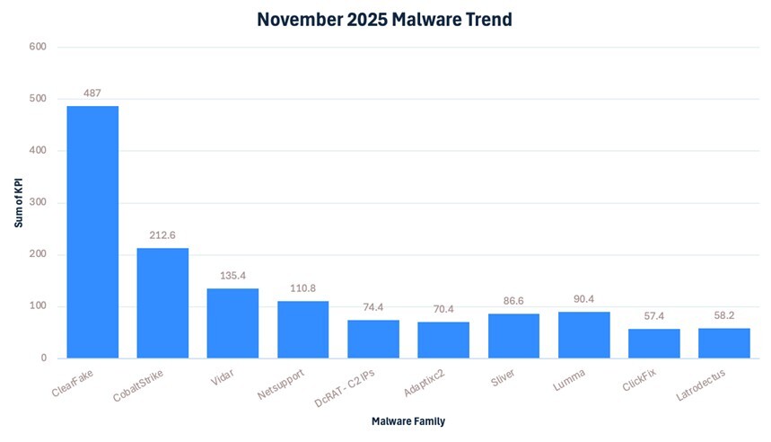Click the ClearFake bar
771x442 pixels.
(92, 232)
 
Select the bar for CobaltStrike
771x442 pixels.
(162, 303)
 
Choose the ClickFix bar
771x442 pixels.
(653, 343)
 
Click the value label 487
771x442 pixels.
(92, 93)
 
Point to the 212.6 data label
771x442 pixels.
(162, 235)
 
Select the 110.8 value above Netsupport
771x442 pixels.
(302, 288)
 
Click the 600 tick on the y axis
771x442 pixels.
(39, 47)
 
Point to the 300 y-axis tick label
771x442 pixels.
(39, 203)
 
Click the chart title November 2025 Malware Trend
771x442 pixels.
(385, 19)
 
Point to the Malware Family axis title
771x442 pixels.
(408, 420)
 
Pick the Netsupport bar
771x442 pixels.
(302, 330)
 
